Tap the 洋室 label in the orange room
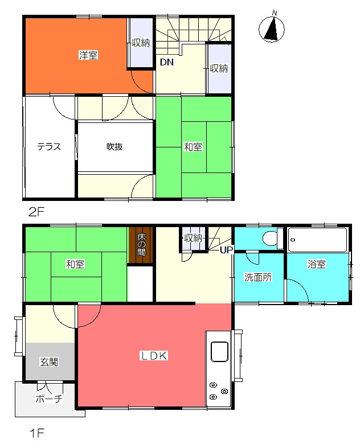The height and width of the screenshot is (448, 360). tap(88, 55)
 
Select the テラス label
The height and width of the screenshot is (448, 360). tap(49, 146)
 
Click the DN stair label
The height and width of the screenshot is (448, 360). tap(166, 63)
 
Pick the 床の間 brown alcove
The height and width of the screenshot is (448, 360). tap(141, 245)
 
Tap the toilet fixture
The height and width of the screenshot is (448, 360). tap(268, 238)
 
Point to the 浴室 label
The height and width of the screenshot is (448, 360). tap(317, 264)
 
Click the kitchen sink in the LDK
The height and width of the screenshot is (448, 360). tap(219, 351)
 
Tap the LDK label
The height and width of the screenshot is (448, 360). tap(153, 356)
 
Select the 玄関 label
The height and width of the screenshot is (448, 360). tap(48, 362)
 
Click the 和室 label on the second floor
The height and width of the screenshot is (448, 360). tap(193, 147)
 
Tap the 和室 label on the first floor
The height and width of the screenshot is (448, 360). tap(75, 264)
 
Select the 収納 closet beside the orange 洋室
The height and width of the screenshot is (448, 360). tap(141, 43)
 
